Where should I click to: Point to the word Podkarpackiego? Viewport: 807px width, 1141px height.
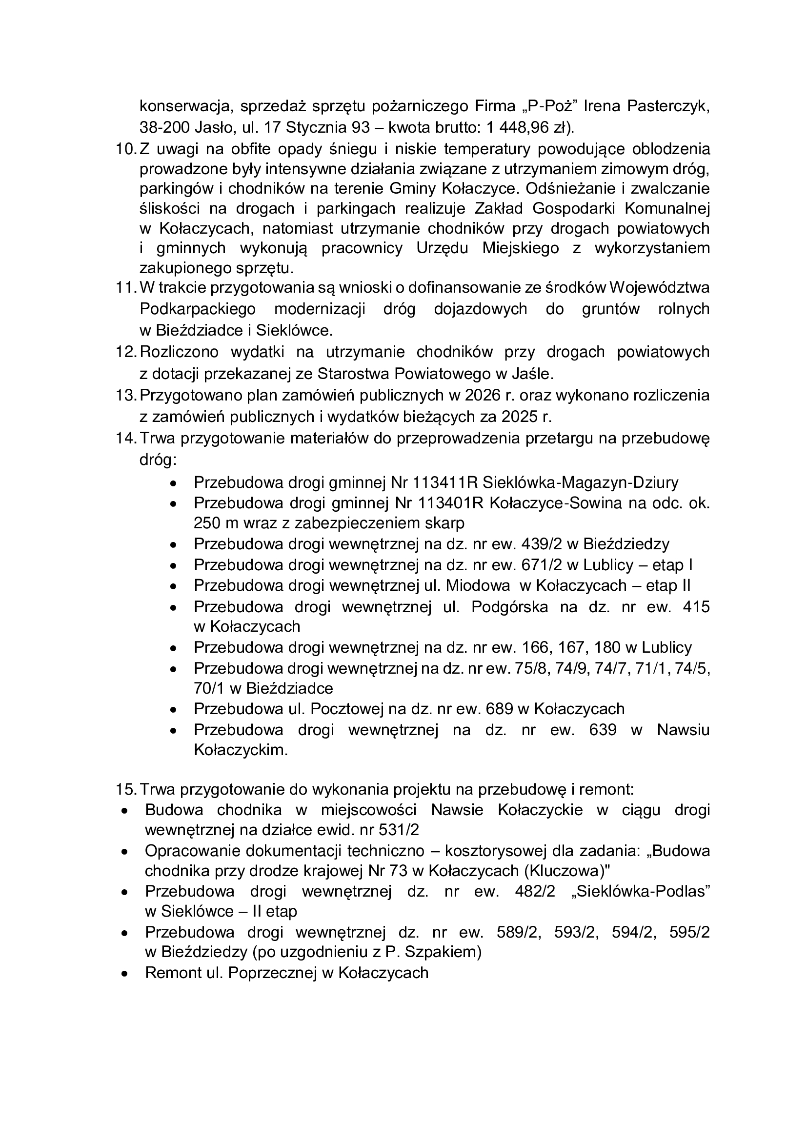[198, 309]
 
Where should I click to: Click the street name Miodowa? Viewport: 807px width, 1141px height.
[478, 585]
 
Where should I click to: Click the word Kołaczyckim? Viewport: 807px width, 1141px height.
[241, 750]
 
